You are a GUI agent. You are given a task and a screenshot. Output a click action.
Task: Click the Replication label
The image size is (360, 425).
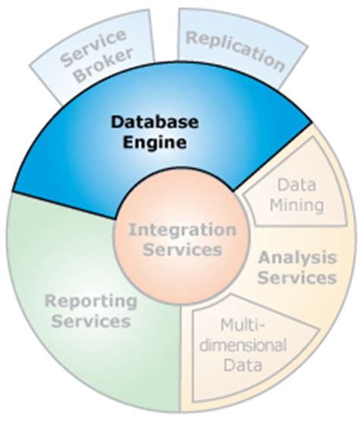[236, 49]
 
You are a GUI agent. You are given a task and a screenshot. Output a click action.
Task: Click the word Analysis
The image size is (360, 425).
[297, 258]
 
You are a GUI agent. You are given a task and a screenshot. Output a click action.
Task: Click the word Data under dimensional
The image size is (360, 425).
[244, 365]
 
